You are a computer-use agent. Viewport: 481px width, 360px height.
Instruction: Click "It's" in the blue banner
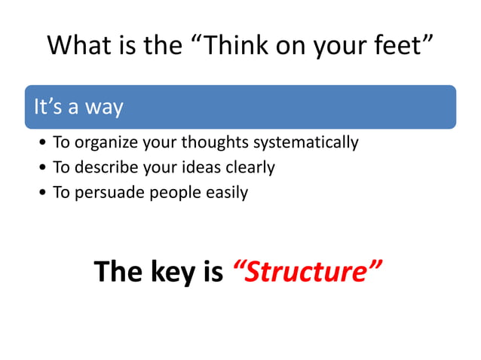coord(45,107)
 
